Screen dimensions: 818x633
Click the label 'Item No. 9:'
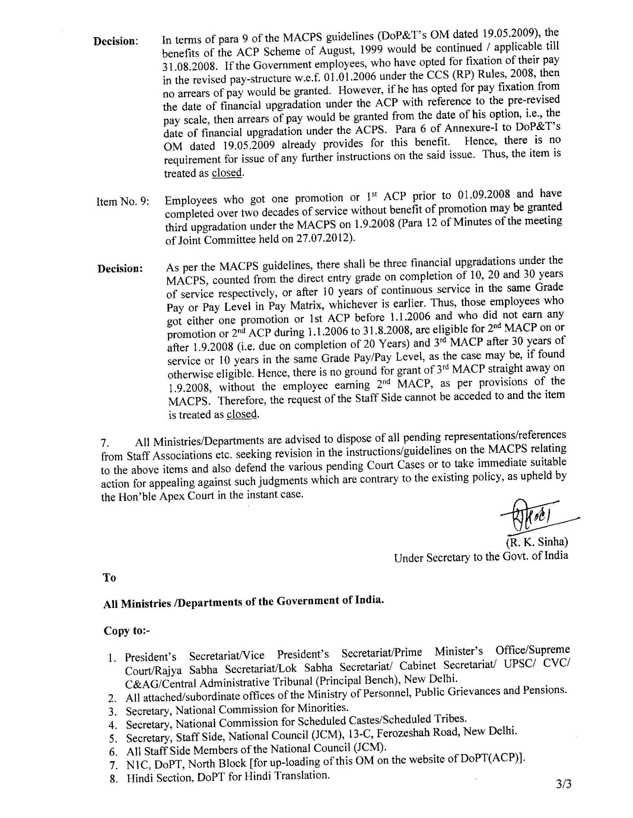pos(123,202)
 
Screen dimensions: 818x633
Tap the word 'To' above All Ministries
pos(109,578)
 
